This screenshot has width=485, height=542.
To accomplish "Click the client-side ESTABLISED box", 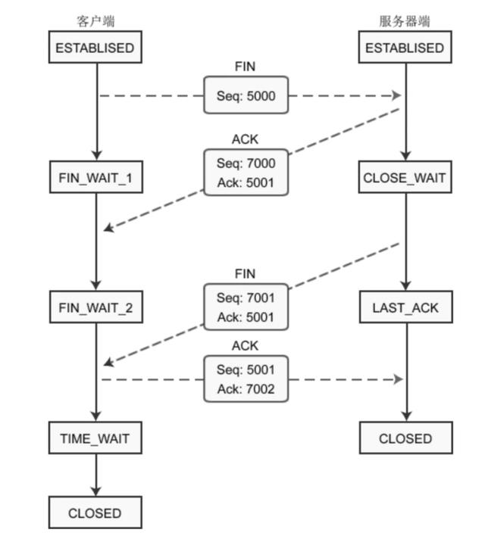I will (x=95, y=48).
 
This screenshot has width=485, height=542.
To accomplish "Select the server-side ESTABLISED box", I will (x=405, y=48).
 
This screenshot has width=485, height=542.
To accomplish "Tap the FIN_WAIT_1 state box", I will (x=95, y=179).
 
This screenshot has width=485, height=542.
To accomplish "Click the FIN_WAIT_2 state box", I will (x=95, y=308).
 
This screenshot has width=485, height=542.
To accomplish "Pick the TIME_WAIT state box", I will (x=95, y=438).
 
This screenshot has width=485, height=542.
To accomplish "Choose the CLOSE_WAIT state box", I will (x=405, y=179).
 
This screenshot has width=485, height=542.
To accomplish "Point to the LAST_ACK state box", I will (x=405, y=308).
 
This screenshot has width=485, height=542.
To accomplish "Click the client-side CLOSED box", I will (x=95, y=512).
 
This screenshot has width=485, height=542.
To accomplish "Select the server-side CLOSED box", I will (x=405, y=438).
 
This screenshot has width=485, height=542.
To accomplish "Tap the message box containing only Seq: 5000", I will (x=246, y=95).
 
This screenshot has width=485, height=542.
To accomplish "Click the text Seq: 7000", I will (x=246, y=163).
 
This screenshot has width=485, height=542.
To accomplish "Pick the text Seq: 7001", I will (x=246, y=298).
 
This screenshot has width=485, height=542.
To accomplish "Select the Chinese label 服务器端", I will (x=405, y=20).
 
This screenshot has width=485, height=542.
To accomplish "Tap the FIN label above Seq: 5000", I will (x=245, y=67).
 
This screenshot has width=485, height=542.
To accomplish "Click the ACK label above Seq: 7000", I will (x=245, y=139).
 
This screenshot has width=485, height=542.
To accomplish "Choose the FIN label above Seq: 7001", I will (x=245, y=274).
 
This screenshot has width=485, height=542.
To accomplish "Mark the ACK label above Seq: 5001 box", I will (x=245, y=346).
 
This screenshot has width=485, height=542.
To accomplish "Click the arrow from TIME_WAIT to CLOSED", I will (x=96, y=475).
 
